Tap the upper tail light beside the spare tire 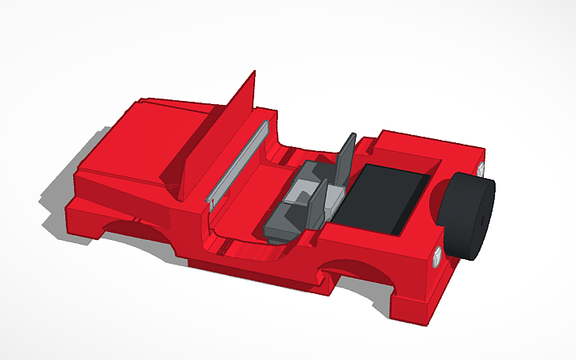tap(481, 169)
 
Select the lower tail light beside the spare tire tap(439, 257)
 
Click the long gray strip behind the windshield tap(238, 163)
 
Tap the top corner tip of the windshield tap(254, 73)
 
